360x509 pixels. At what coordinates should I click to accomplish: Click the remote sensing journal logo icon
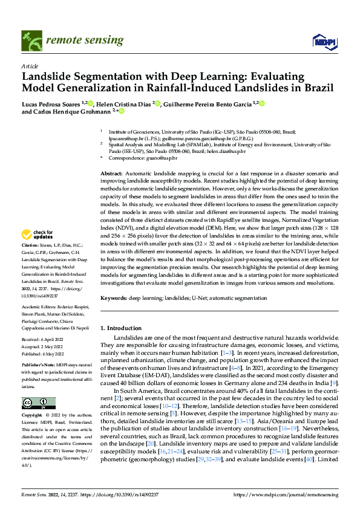(33, 40)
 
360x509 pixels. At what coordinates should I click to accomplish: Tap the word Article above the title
(30, 66)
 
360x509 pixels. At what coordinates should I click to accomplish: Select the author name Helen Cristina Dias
(126, 103)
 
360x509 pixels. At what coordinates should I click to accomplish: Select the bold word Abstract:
(112, 173)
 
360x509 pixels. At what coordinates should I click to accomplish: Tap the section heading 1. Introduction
(126, 327)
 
